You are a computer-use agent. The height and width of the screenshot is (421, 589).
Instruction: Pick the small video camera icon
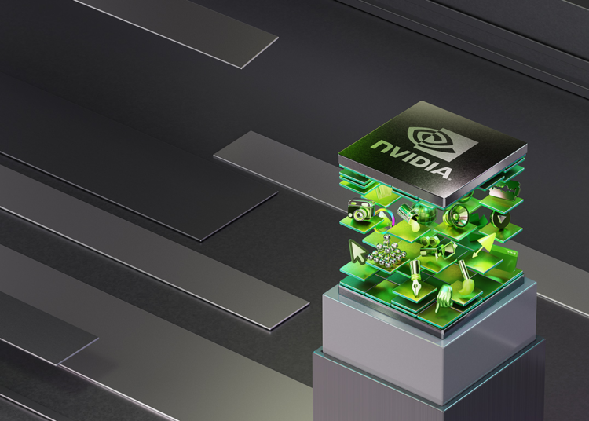coord(448,250)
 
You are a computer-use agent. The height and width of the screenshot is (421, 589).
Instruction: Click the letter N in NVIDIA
coord(380,146)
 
